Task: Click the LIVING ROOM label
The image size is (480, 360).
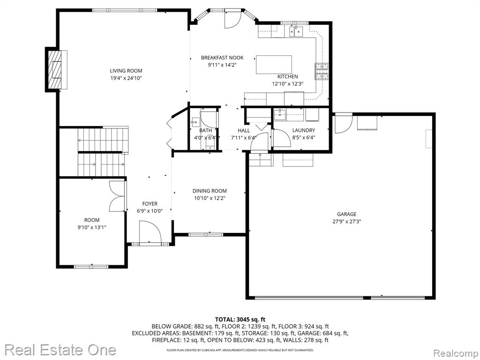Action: pyautogui.click(x=126, y=71)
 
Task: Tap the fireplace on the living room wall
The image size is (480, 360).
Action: pyautogui.click(x=56, y=69)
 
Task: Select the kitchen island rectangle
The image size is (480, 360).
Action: pyautogui.click(x=274, y=65)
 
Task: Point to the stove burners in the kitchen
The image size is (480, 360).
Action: pyautogui.click(x=322, y=72)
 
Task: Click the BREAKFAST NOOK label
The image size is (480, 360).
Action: pyautogui.click(x=222, y=58)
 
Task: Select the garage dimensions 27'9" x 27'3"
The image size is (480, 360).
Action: pyautogui.click(x=347, y=222)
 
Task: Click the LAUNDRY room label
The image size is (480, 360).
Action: pyautogui.click(x=303, y=130)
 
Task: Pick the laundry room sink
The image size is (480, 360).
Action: pyautogui.click(x=279, y=115)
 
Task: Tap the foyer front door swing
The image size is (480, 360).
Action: pyautogui.click(x=150, y=232)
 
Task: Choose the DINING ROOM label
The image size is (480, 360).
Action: pyautogui.click(x=210, y=191)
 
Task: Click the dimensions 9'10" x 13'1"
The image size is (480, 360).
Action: pyautogui.click(x=92, y=227)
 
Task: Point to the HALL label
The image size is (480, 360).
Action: pyautogui.click(x=244, y=130)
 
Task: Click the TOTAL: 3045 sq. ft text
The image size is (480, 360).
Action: pyautogui.click(x=240, y=320)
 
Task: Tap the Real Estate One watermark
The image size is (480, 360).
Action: pyautogui.click(x=60, y=350)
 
